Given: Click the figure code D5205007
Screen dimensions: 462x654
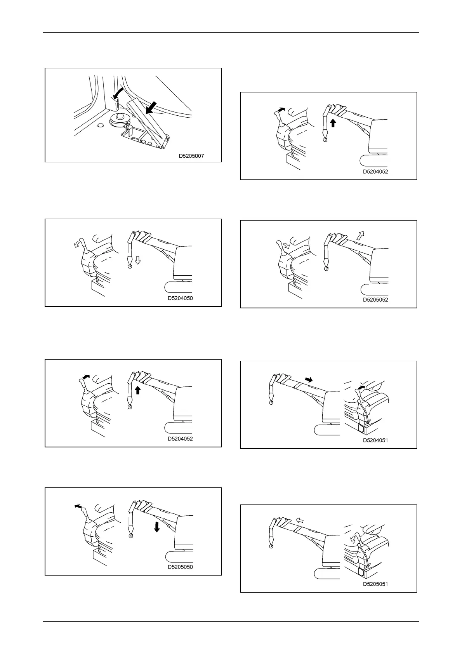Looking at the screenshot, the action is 191,156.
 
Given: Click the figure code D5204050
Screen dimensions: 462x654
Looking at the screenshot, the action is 180,298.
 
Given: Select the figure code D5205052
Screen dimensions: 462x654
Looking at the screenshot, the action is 375,300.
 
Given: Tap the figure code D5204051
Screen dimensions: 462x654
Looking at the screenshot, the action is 375,440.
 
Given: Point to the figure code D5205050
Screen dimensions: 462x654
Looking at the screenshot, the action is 180,567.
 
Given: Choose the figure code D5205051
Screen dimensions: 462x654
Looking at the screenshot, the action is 375,584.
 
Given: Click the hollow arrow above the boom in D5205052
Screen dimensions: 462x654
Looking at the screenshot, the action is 361,234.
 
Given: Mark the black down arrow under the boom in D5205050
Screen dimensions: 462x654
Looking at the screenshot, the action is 157,527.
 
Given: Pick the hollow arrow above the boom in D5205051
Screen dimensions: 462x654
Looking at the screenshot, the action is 299,520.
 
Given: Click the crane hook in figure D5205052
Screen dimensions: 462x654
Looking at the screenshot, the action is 326,268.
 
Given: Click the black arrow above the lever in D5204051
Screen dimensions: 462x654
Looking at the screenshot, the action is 361,388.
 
